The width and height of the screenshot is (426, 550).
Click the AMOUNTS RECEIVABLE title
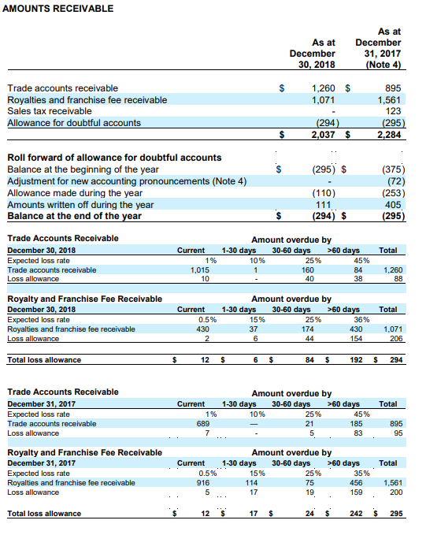point(58,9)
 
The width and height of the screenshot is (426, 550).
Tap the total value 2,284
point(391,136)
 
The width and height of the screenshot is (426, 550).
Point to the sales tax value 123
point(395,111)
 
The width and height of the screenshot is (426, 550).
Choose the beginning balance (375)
point(392,169)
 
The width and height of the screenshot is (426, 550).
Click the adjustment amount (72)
point(395,181)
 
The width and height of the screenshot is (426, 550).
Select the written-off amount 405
point(395,205)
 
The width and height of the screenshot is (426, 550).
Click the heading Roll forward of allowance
point(114,158)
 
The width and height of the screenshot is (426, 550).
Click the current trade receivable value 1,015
point(200,270)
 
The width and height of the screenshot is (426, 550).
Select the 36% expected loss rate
point(362,319)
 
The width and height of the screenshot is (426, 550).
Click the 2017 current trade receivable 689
point(202,424)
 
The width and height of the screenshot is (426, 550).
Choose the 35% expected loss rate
point(362,473)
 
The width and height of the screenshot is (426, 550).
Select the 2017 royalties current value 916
point(202,482)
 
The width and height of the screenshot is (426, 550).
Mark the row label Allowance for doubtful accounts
point(74,123)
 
